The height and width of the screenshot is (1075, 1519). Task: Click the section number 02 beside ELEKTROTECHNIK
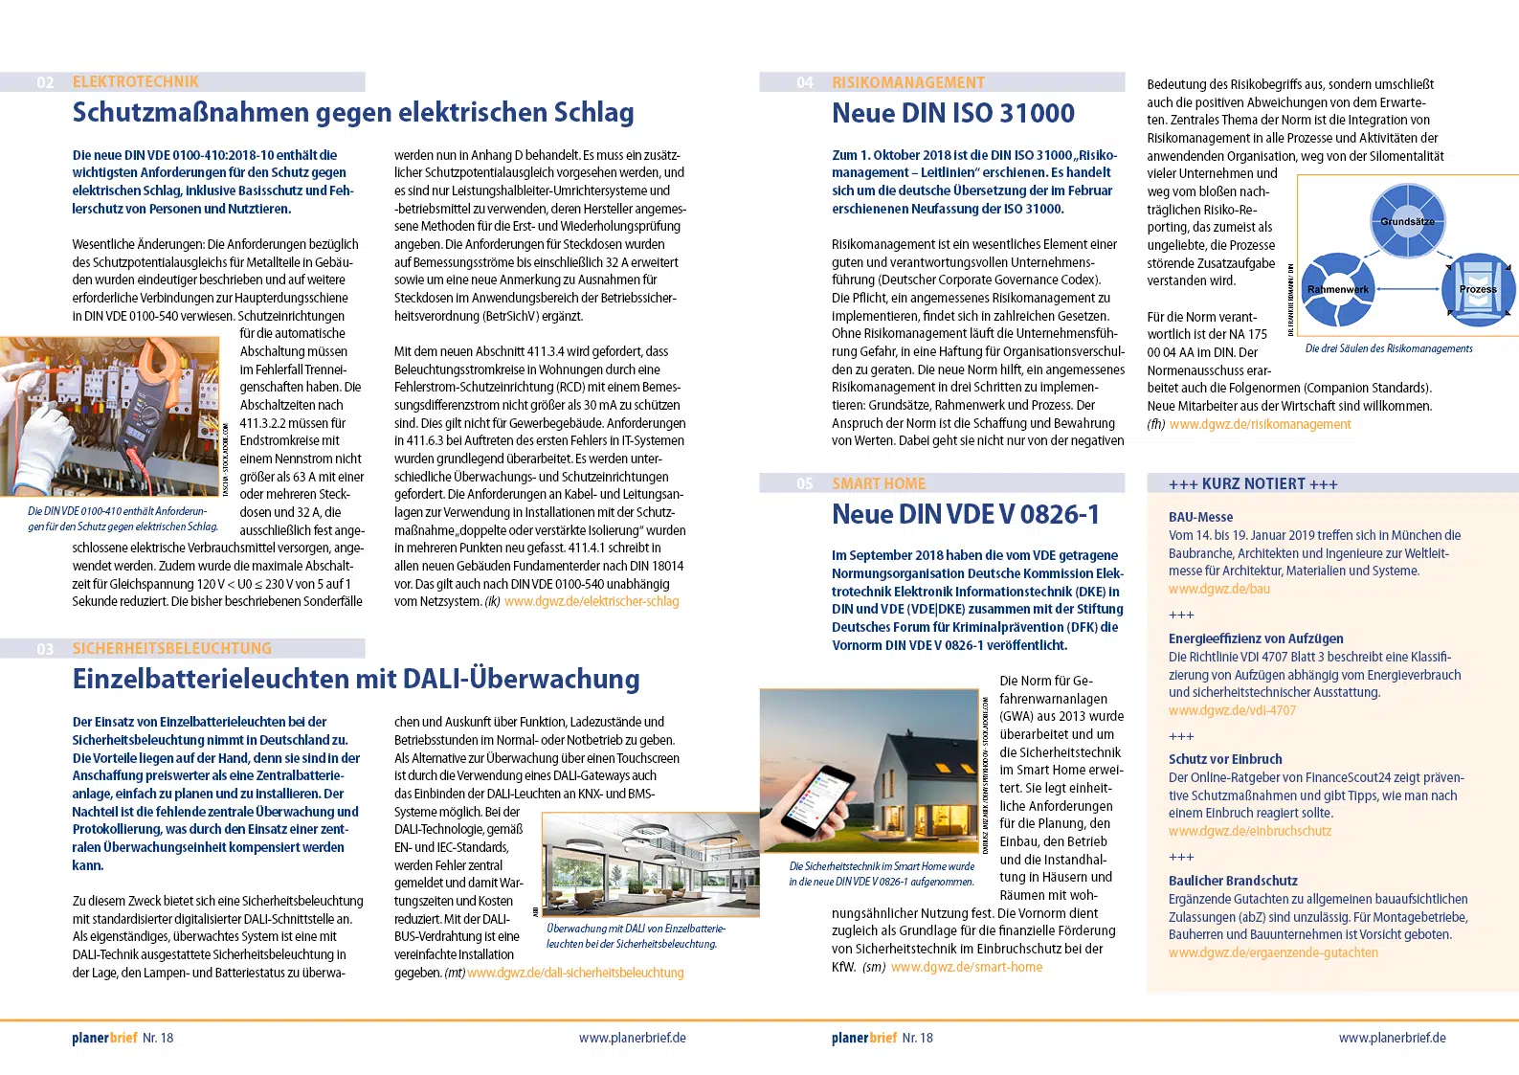tap(45, 82)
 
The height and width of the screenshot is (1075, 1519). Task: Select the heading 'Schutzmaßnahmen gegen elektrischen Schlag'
tap(353, 113)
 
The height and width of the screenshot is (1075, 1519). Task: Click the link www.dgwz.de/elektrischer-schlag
tap(592, 601)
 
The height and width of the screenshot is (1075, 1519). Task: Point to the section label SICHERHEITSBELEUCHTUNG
tap(171, 648)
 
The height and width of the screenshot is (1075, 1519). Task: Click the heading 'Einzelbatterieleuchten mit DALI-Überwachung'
tap(356, 679)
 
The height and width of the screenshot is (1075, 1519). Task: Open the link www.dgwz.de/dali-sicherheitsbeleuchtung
tap(575, 973)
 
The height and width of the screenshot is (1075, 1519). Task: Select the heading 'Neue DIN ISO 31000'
tap(953, 113)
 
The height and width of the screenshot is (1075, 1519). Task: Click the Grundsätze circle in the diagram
tap(1407, 221)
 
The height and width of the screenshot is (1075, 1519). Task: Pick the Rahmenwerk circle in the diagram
tap(1338, 289)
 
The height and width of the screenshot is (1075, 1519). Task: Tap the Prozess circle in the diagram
tap(1478, 289)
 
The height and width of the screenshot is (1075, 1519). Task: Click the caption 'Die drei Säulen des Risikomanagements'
tap(1389, 348)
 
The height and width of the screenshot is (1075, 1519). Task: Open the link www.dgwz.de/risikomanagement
tap(1260, 424)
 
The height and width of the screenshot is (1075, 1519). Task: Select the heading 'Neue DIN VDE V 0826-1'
tap(966, 515)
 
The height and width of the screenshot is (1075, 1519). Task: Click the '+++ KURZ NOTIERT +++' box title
tap(1253, 484)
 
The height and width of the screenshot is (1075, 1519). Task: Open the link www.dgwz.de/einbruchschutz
tap(1249, 831)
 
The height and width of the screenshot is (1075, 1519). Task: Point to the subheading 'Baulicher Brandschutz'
tap(1233, 881)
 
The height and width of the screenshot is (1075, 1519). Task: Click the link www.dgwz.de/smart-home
tap(967, 967)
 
